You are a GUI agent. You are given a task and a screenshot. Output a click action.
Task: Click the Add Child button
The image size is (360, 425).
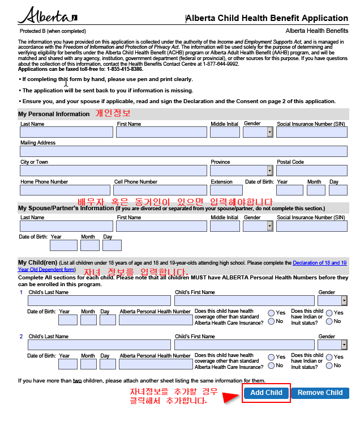[266, 393]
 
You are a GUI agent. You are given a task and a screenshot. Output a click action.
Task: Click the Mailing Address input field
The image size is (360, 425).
[183, 151]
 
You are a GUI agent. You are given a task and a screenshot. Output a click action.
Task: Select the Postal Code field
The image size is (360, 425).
[311, 171]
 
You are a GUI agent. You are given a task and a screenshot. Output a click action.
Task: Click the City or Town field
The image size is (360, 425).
[113, 171]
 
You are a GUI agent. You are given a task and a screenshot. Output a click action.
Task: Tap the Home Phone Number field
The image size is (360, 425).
[65, 190]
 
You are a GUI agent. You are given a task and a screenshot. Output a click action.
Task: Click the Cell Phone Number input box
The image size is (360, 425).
[160, 190]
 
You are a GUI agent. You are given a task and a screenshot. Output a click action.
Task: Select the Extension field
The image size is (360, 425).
[225, 190]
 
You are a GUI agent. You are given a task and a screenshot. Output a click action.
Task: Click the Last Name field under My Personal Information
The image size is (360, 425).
[67, 132]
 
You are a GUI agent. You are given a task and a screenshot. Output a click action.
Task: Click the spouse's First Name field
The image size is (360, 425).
[161, 226]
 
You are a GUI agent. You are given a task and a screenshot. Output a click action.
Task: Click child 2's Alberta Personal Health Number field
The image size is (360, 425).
[156, 364]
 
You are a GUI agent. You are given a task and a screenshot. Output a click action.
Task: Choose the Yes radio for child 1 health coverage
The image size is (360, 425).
[272, 313]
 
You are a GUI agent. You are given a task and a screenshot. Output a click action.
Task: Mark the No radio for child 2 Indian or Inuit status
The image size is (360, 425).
[329, 365]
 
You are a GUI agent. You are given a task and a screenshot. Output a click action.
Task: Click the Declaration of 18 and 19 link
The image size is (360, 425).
[319, 263]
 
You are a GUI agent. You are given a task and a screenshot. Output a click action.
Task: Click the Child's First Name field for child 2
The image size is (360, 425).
[244, 345]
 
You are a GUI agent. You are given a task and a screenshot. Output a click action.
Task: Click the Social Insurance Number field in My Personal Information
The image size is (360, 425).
[311, 132]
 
